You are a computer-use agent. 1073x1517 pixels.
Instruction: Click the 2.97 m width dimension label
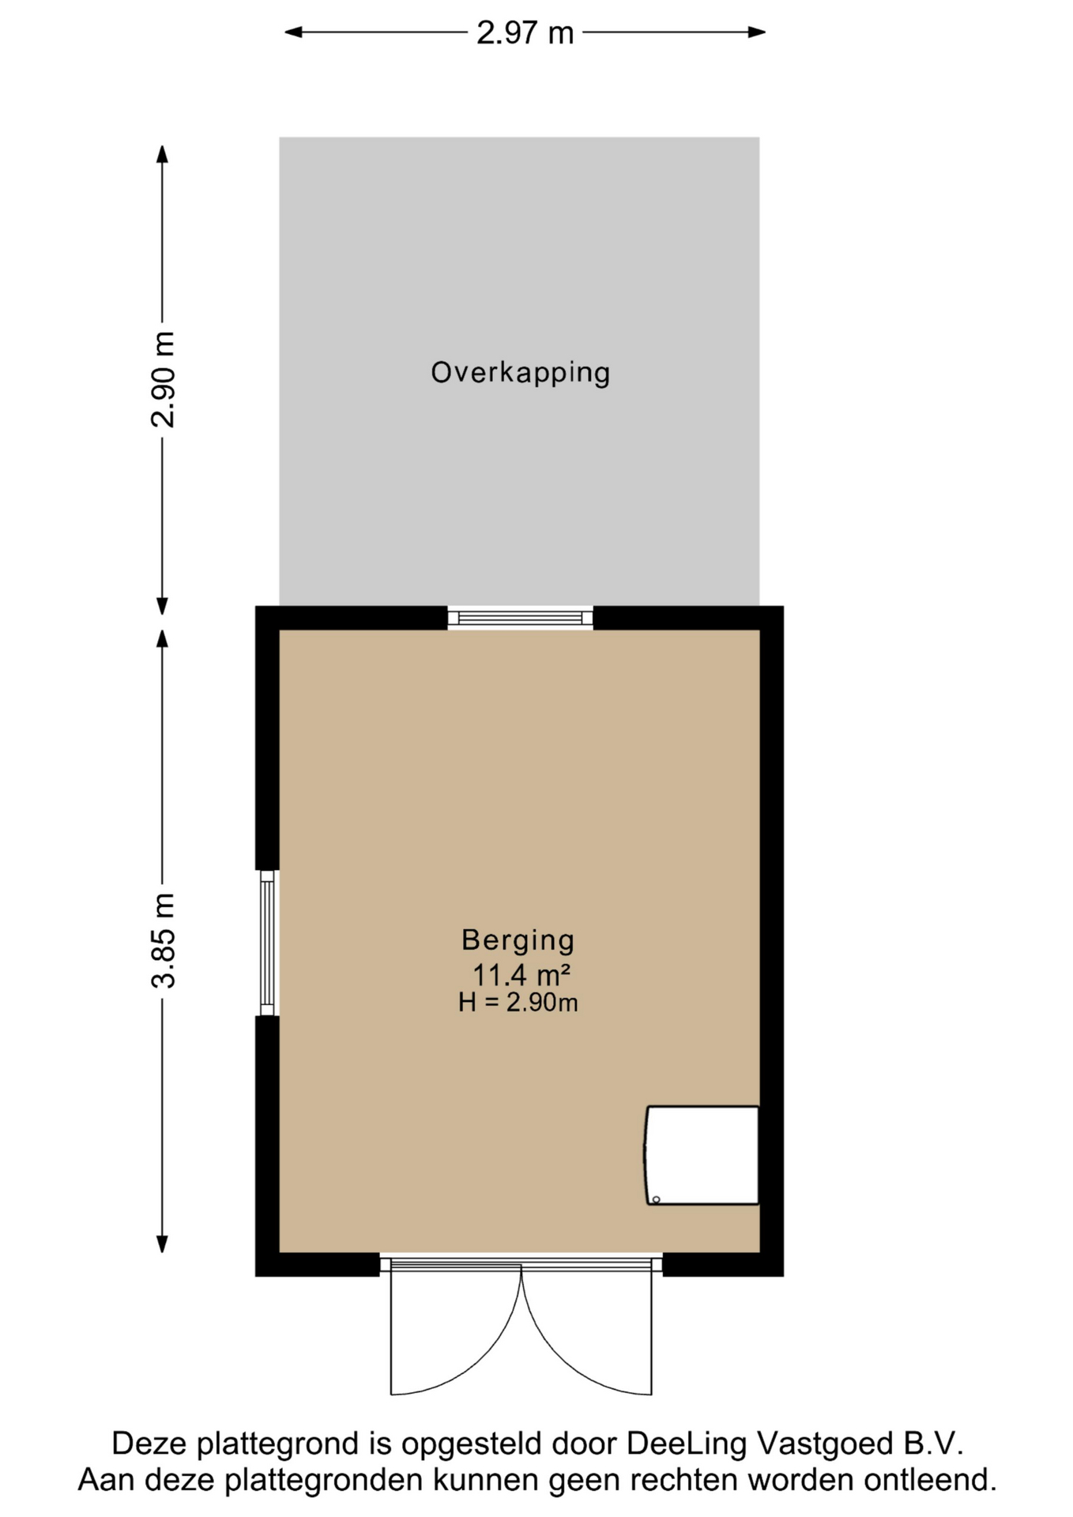pos(525,32)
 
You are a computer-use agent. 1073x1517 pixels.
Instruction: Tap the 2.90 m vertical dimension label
pos(163,379)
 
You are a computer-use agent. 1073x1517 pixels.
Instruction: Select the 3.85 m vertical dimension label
pos(163,941)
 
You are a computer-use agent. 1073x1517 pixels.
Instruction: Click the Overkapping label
pos(520,373)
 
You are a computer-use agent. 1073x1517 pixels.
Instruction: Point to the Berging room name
pos(518,940)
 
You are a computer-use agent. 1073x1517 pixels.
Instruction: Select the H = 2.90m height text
pos(518,1003)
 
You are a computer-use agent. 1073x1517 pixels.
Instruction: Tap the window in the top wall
pos(520,618)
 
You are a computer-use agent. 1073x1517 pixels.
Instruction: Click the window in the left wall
pos(267,943)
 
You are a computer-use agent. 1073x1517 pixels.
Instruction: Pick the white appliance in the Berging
pos(702,1155)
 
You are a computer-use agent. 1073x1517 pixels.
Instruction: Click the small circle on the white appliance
pos(657,1199)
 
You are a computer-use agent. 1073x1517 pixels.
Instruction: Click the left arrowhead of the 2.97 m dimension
pos(293,32)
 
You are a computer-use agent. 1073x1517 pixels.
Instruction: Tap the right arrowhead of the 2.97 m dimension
pos(757,32)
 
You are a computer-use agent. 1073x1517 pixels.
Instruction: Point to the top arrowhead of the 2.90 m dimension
pos(163,154)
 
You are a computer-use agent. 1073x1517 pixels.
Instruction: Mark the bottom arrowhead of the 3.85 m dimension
pos(163,1244)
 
